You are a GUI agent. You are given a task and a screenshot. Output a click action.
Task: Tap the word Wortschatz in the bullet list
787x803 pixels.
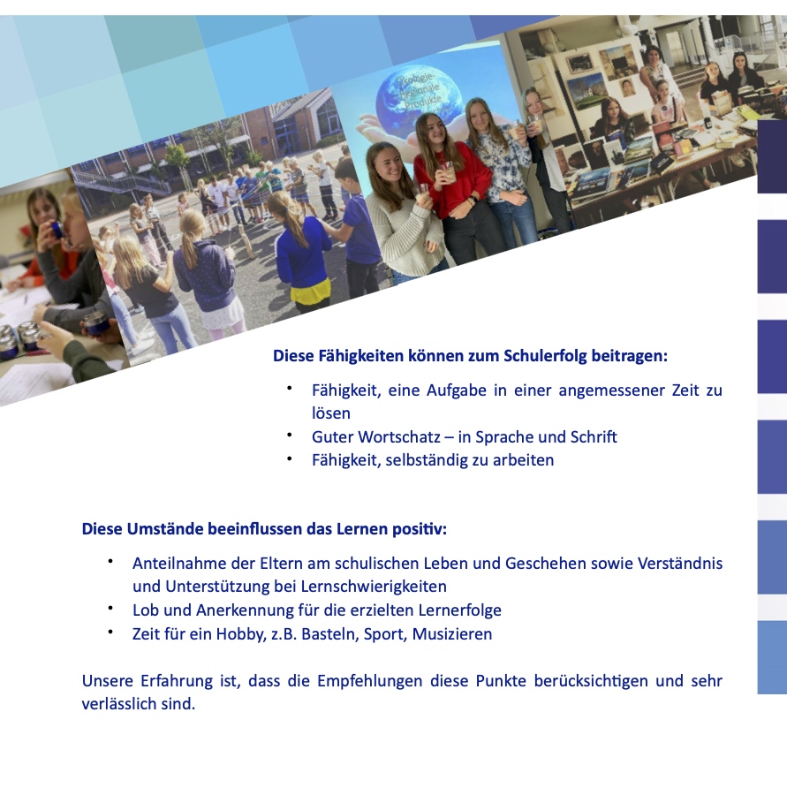(399, 437)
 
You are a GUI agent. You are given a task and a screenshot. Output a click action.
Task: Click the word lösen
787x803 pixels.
(331, 413)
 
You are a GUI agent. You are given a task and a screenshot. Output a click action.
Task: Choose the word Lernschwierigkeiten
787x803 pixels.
(374, 587)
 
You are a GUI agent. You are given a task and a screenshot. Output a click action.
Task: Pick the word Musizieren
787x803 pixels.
(452, 634)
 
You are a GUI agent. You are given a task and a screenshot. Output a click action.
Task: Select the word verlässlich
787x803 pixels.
(118, 704)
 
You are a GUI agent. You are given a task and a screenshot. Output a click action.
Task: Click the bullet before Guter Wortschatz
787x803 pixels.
(290, 436)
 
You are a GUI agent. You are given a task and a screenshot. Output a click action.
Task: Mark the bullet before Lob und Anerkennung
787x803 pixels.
(110, 609)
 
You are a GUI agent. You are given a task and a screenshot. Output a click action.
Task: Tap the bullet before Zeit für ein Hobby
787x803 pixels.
(110, 633)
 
